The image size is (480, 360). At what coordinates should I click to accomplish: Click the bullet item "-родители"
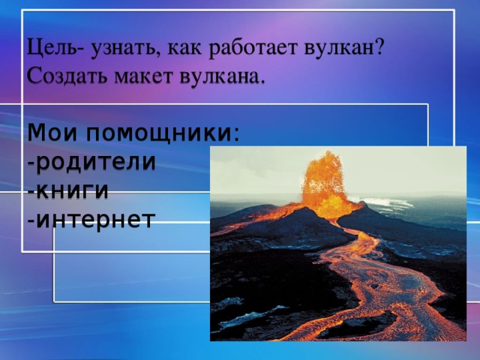coord(90,162)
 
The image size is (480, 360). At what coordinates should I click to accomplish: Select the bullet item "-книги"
coord(67,190)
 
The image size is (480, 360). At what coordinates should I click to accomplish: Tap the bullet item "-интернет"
coord(90,219)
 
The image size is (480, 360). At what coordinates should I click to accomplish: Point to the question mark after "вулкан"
coord(380,48)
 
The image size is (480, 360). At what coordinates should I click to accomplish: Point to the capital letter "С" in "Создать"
coord(34,76)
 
